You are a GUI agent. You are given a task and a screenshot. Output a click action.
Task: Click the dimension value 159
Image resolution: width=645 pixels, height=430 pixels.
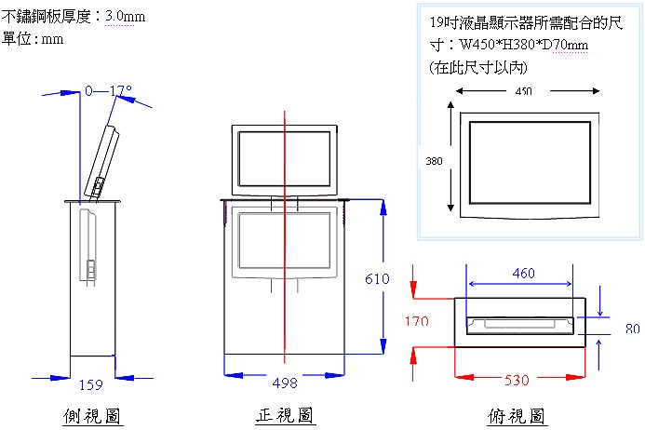[x=91, y=383]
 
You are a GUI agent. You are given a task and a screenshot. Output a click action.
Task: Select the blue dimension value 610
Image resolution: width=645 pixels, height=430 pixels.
[x=376, y=279]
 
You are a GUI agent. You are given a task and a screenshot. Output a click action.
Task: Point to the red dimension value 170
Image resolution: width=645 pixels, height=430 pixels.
[x=416, y=321]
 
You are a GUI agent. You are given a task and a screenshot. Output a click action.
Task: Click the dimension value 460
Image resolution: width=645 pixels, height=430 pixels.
[x=523, y=273]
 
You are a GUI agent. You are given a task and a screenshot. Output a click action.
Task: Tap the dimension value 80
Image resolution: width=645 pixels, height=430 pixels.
[x=633, y=328]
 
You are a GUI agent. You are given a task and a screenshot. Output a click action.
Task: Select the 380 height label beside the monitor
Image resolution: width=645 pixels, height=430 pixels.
[x=434, y=161]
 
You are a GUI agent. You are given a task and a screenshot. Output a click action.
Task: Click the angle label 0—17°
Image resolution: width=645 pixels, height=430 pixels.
[x=108, y=91]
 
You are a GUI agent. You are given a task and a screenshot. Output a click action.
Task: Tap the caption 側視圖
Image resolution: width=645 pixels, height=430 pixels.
[x=93, y=416]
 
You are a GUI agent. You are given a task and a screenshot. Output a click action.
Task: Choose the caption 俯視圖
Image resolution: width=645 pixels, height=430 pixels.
[x=517, y=416]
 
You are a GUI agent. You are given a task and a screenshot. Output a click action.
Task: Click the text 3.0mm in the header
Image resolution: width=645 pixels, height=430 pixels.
[x=126, y=17]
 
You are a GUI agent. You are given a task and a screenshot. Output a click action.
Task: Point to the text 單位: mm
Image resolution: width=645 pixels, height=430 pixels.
[x=34, y=39]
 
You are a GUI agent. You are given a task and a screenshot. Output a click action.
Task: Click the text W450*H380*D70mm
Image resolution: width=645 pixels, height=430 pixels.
[x=524, y=45]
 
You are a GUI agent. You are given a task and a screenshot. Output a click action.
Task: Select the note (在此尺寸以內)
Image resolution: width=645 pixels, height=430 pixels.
[x=472, y=67]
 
